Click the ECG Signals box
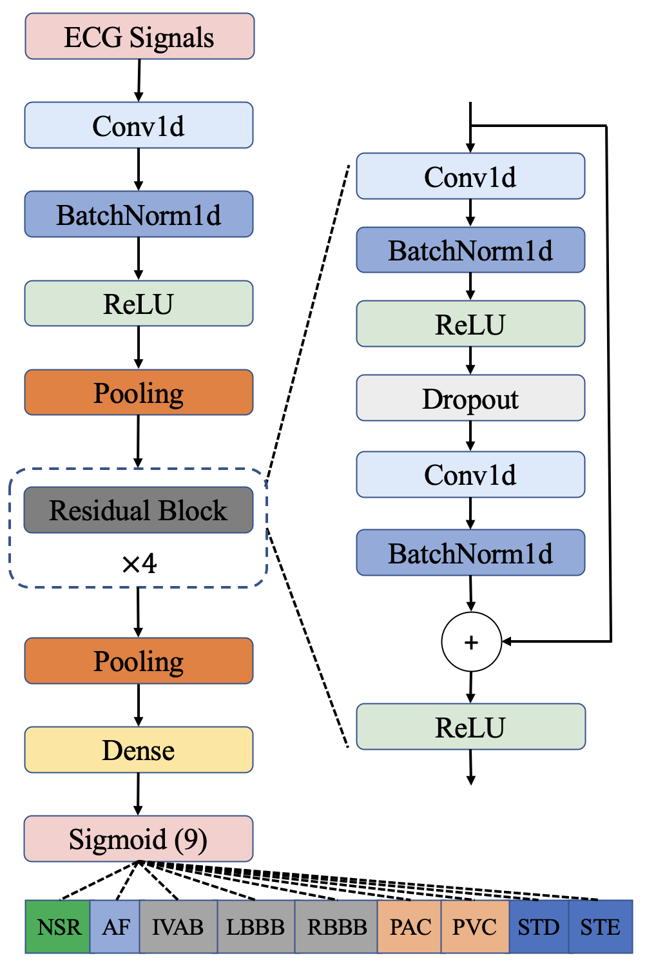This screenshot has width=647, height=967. [139, 37]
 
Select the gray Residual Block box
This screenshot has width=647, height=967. [138, 510]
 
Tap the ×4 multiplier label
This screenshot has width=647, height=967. [139, 564]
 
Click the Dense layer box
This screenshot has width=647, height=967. [139, 750]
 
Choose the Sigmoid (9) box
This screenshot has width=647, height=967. [138, 839]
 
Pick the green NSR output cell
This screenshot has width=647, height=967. [58, 927]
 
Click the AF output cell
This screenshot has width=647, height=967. [115, 927]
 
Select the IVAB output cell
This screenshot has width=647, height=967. [178, 927]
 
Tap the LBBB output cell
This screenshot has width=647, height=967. [256, 927]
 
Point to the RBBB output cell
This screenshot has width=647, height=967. [336, 927]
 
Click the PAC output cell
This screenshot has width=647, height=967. [410, 927]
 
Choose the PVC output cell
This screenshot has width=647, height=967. [475, 927]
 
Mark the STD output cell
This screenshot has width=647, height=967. [539, 927]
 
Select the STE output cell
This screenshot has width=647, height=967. [600, 927]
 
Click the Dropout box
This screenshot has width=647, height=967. [470, 398]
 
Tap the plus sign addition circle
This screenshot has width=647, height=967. [471, 642]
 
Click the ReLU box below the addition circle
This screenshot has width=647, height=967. [470, 727]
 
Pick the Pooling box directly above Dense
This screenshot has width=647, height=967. [139, 661]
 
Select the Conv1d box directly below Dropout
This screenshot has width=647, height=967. [470, 474]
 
